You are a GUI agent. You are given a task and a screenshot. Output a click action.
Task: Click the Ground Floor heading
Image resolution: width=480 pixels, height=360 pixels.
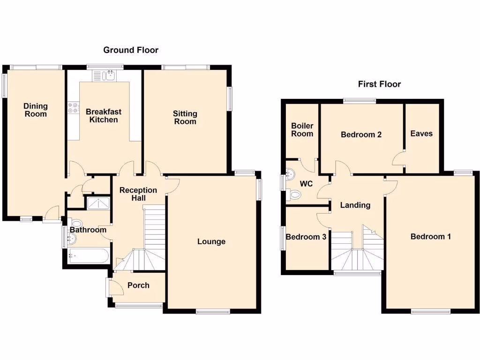[131, 50]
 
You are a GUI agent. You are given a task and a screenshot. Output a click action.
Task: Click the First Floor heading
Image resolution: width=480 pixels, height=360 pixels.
[379, 84]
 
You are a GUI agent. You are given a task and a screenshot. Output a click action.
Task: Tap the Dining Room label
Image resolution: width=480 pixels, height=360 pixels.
[36, 110]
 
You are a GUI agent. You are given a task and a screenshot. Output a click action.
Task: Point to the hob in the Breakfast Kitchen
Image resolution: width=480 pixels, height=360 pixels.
[73, 108]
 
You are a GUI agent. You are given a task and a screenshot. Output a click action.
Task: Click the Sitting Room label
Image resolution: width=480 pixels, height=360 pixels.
[185, 117]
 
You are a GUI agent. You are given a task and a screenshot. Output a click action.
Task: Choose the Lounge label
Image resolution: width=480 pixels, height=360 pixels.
[211, 241]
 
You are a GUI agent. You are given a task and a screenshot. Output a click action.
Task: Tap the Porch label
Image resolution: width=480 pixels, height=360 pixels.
[138, 285]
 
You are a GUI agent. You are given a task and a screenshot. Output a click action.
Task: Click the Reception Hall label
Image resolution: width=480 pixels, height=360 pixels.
[138, 194]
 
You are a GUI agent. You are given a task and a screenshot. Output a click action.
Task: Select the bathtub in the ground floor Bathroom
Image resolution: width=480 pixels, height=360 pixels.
[88, 256]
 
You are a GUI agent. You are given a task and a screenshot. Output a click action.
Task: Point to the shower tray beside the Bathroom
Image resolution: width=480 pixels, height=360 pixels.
[97, 202]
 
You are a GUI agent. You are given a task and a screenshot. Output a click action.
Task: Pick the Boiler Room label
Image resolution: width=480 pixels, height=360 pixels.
[302, 130]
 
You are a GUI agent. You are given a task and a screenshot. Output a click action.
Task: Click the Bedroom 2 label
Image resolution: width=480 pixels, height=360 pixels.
[361, 135]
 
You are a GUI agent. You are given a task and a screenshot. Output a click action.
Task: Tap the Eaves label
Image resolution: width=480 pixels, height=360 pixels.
[421, 134]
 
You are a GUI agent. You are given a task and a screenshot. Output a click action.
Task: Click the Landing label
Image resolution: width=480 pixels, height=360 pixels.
[355, 205]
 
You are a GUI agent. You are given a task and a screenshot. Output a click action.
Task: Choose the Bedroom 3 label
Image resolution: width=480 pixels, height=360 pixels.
[306, 237]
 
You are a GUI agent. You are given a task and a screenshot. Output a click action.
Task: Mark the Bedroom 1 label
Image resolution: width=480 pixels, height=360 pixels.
[430, 236]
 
